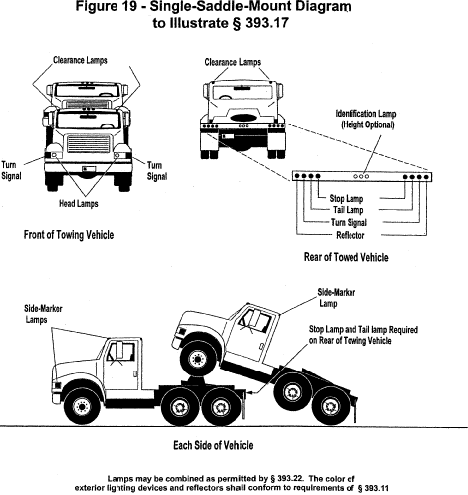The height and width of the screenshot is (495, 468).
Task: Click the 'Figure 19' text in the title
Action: coord(106,7)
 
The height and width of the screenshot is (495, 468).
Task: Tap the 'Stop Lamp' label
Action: coord(347,198)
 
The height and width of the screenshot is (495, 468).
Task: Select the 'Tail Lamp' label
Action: coord(349,210)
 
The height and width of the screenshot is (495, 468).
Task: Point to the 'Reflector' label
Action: coord(351,235)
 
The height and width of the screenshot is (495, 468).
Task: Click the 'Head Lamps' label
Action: coord(79,203)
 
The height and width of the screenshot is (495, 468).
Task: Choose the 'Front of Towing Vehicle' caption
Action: coord(69,235)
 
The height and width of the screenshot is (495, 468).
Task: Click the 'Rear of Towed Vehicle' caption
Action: coord(346,257)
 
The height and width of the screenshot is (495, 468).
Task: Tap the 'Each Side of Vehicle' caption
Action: coord(213,445)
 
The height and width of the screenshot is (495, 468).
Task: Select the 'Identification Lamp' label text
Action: coord(365,114)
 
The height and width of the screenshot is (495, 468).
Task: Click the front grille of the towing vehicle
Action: coord(89,143)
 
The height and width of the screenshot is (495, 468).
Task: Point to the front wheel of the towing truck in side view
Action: coord(82,406)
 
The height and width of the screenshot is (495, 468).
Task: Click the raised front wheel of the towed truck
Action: coord(198,359)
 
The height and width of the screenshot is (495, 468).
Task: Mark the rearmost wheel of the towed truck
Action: coord(331,406)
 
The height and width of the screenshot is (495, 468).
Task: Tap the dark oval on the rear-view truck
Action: coord(244,118)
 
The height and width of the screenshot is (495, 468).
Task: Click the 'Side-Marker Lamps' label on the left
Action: coord(43,314)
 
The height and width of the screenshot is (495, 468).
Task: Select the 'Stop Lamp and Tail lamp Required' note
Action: coord(363,330)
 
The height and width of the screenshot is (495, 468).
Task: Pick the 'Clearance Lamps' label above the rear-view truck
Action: coord(233,62)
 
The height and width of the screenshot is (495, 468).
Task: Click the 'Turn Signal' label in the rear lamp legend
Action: coord(349,222)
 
